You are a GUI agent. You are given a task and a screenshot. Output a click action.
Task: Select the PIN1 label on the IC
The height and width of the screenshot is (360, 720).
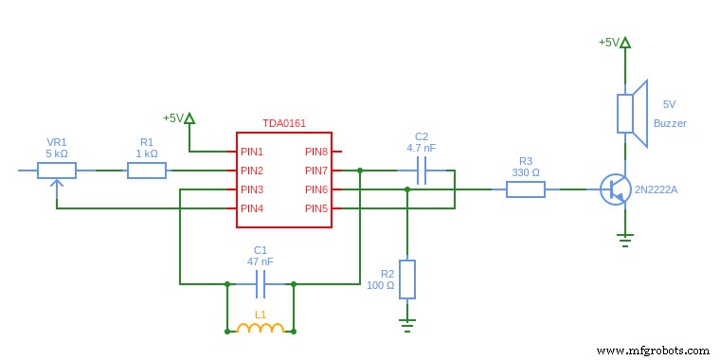tap(252, 152)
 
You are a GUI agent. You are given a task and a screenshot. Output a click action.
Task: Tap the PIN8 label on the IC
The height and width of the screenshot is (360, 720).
tap(315, 152)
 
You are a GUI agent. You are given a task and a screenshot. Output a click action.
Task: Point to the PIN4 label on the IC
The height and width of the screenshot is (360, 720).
tap(252, 208)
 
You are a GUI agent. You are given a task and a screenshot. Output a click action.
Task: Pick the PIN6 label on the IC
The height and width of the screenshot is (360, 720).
tap(315, 189)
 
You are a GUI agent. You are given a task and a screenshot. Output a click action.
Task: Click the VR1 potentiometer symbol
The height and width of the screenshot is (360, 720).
tap(57, 171)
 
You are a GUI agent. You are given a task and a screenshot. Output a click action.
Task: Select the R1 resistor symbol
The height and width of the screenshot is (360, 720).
tap(147, 171)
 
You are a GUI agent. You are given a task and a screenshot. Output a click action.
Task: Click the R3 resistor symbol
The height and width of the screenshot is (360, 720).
tap(525, 189)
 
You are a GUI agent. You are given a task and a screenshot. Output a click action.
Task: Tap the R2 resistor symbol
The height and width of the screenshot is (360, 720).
tap(407, 279)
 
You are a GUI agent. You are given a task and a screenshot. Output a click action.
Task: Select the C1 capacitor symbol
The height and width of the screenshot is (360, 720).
tap(261, 283)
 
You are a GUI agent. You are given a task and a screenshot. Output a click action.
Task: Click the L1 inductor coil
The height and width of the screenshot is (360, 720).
tap(261, 329)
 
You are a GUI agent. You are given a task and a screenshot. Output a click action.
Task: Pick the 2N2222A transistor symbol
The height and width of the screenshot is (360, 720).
tap(616, 189)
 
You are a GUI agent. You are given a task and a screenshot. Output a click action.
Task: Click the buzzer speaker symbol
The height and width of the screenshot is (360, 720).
tap(631, 114)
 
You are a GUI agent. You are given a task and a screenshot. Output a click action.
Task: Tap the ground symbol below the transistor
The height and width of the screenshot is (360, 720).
tap(625, 239)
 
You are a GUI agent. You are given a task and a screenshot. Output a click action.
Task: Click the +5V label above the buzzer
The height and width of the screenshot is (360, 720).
tap(608, 43)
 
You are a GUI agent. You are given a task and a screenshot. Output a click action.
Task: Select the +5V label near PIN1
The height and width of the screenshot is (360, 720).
tap(172, 118)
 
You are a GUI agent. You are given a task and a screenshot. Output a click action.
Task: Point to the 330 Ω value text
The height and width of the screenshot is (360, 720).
tap(525, 172)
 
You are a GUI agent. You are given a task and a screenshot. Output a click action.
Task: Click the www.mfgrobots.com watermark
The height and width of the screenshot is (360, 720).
tap(654, 350)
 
